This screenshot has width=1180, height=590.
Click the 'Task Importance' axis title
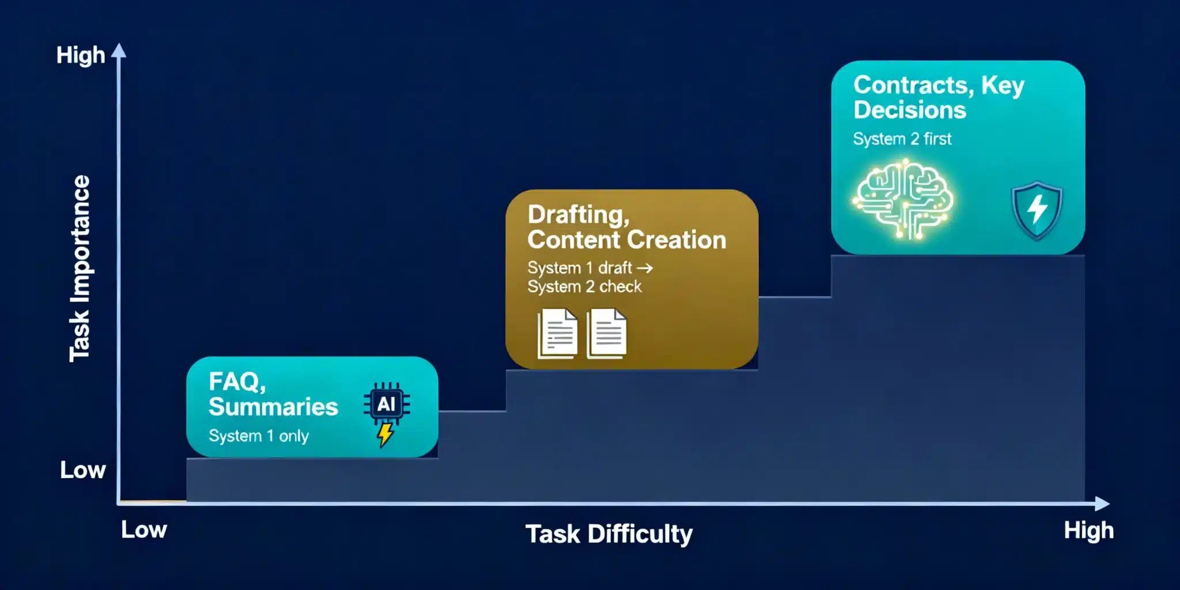80,268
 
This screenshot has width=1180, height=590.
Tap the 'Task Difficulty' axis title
609,534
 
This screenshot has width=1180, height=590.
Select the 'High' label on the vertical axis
81,55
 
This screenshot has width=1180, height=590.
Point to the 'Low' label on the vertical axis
83,470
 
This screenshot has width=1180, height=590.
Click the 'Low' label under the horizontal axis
144,530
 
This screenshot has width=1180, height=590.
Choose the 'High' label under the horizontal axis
1088,531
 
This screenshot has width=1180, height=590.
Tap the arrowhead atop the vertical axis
119,51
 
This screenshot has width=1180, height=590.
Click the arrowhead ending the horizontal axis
1102,504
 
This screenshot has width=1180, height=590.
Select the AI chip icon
387,403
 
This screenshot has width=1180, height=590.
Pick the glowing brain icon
903,199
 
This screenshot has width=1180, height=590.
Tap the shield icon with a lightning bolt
1037,210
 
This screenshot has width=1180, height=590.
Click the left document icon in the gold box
557,334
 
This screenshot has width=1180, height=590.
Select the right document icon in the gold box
607,334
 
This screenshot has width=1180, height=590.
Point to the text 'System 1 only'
259,436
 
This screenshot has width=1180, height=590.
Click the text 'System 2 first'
902,139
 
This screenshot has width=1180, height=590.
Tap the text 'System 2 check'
584,286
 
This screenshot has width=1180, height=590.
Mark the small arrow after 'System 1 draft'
645,268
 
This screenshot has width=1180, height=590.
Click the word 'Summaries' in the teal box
273,407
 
